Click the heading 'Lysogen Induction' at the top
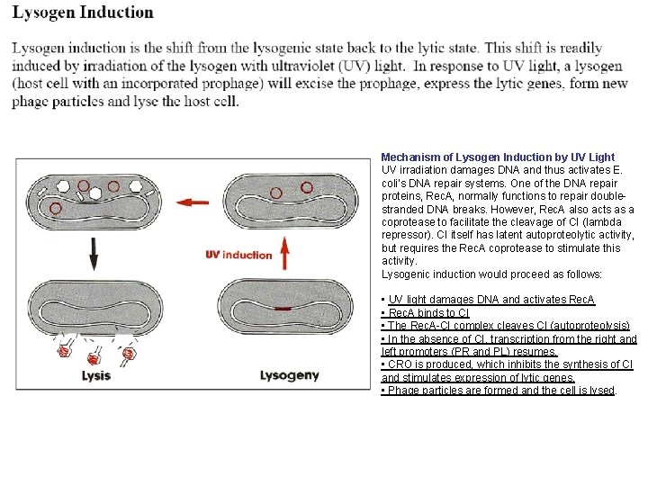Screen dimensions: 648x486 click(x=83, y=13)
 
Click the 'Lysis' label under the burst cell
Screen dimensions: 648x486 click(x=96, y=375)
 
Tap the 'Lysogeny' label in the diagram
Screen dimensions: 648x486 click(x=289, y=375)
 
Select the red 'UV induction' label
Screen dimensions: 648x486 click(x=238, y=255)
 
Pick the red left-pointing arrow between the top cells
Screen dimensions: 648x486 click(x=192, y=202)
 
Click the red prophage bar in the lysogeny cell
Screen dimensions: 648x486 click(x=284, y=308)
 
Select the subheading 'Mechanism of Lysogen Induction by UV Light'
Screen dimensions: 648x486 click(x=498, y=157)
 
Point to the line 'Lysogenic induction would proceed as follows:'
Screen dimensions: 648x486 click(x=490, y=274)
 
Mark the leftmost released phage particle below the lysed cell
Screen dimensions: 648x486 click(x=65, y=352)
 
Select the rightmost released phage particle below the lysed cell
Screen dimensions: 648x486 click(x=129, y=354)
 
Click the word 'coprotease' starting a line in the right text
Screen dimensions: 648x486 click(x=409, y=222)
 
